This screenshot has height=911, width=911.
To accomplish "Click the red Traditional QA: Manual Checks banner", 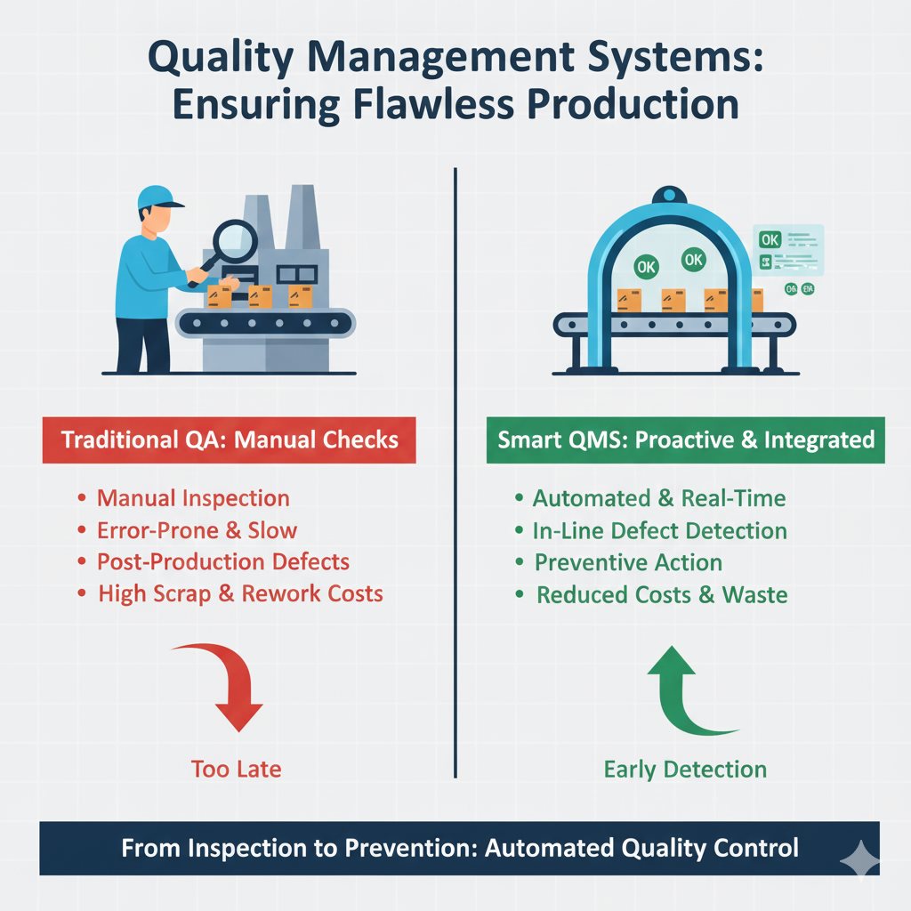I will [229, 439].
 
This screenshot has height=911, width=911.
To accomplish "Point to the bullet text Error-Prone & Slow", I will [197, 531].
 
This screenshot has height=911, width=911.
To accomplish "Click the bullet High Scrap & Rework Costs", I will [240, 593].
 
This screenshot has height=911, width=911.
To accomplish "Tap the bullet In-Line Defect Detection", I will [659, 531].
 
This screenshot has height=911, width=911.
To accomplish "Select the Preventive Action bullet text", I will [628, 562].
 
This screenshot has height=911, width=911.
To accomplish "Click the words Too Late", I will [236, 769].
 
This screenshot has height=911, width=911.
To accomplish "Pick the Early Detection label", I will [685, 769].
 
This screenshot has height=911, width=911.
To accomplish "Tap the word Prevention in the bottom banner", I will [402, 848].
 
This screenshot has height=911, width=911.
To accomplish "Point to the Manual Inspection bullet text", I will [193, 499].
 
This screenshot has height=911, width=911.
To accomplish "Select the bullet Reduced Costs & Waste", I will [662, 594].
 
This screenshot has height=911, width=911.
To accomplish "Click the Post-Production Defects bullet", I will [223, 562].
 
